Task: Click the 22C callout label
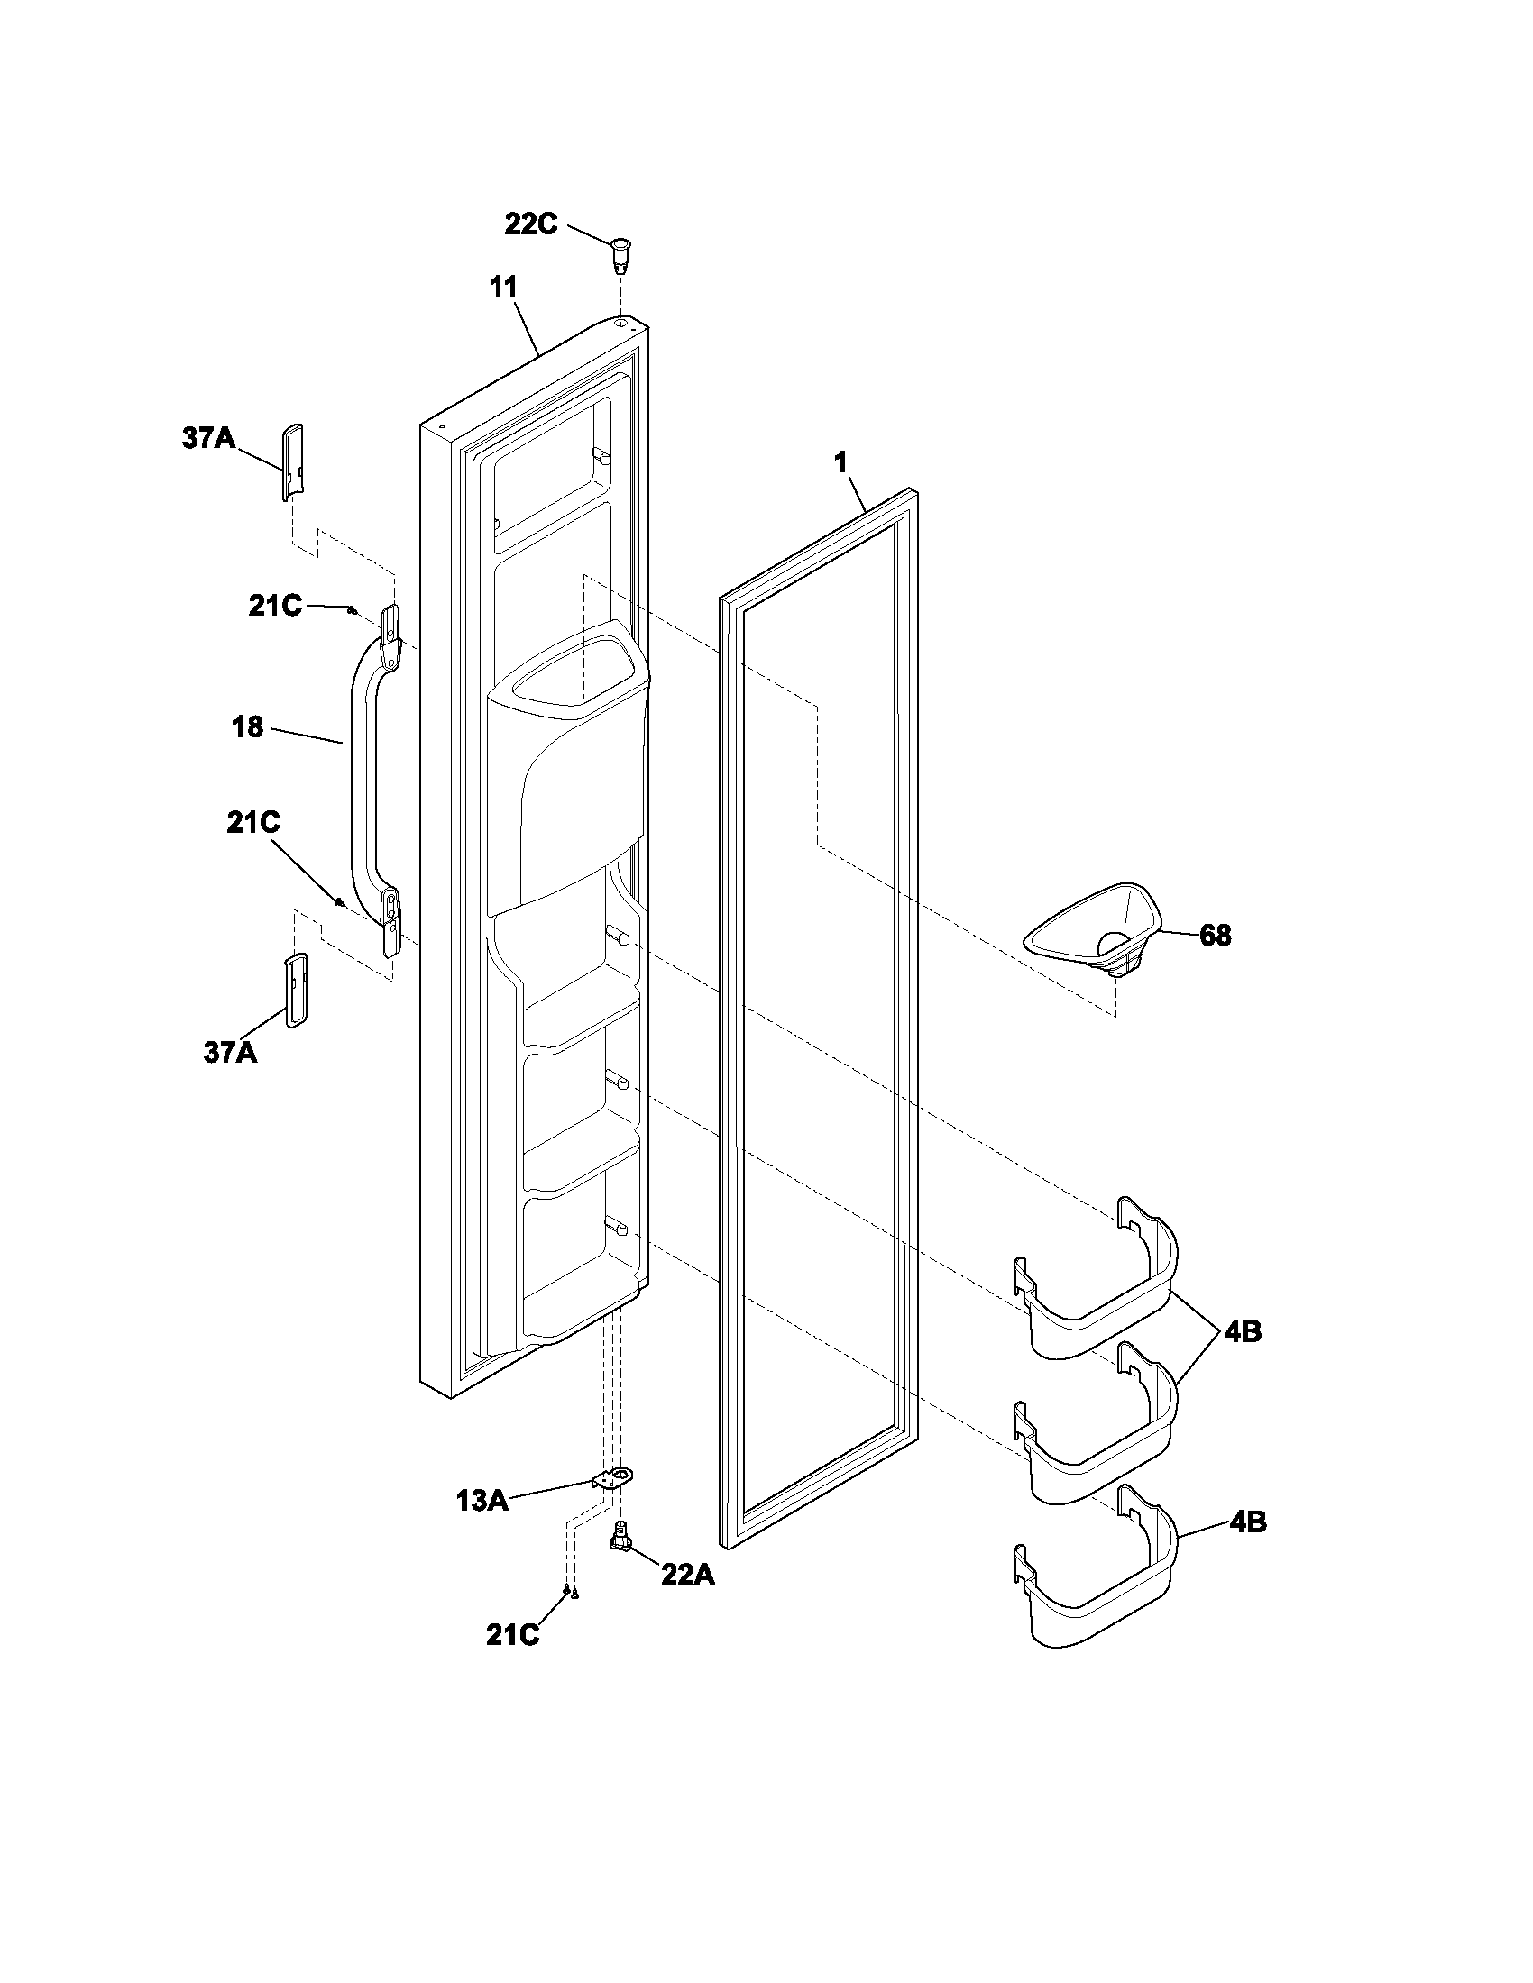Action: coord(531,224)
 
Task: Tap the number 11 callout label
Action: coord(503,288)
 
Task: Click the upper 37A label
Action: coord(208,439)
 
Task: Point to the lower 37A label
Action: coord(230,1053)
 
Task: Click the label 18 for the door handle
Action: coord(248,727)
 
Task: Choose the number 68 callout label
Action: coord(1215,936)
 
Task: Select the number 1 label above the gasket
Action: coord(841,462)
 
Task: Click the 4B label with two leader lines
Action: coord(1241,1332)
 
